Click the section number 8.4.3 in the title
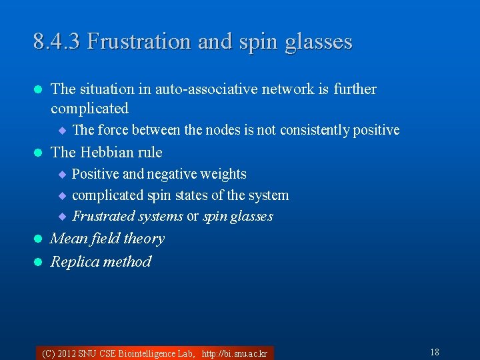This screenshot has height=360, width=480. (x=57, y=42)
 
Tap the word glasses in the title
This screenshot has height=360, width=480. (x=318, y=42)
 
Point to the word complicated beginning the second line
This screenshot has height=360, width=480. (x=89, y=108)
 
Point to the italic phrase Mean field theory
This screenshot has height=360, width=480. (x=107, y=239)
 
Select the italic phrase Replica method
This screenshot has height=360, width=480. (x=101, y=261)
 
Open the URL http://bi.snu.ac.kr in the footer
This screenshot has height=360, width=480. (x=234, y=353)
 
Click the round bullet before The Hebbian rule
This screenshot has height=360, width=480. (x=38, y=153)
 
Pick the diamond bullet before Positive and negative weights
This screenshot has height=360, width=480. (x=62, y=175)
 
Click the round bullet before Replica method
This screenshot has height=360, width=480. (x=38, y=262)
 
